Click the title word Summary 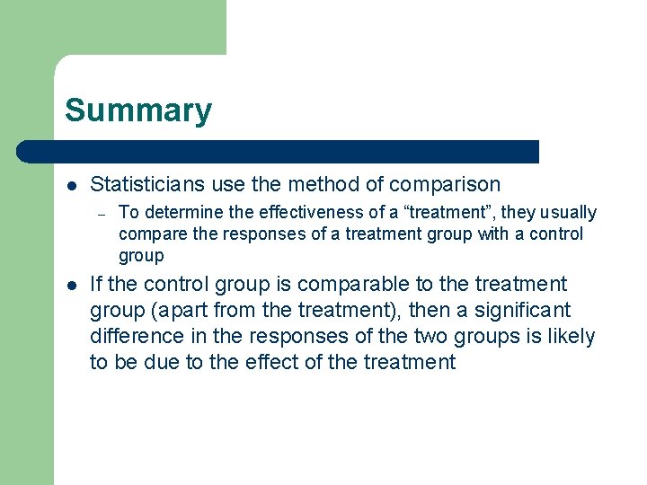click(138, 110)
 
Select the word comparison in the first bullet click(444, 185)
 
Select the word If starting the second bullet click(97, 285)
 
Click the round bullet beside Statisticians click(71, 186)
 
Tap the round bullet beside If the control click(71, 286)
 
